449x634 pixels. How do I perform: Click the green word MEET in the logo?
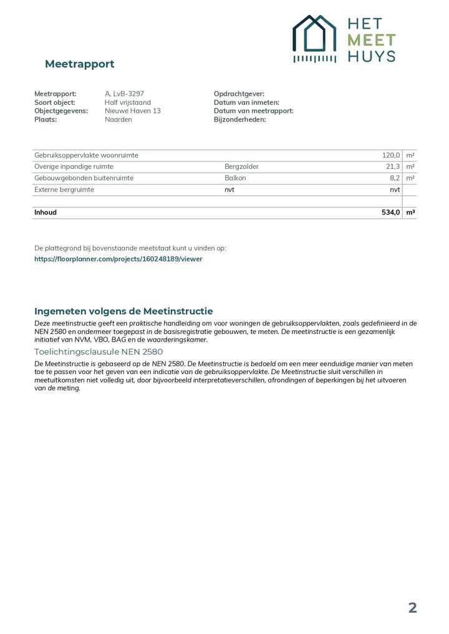(371, 41)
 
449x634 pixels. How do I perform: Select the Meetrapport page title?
(79, 64)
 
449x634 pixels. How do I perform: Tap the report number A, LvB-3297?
(124, 94)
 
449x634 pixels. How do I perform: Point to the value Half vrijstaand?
(128, 102)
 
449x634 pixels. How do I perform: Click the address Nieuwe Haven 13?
(132, 111)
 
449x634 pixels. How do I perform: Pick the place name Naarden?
(118, 119)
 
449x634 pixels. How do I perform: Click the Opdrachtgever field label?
(239, 94)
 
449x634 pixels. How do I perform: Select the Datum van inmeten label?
(246, 102)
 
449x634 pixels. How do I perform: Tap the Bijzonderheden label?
(239, 119)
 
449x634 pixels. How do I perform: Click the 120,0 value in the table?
(391, 155)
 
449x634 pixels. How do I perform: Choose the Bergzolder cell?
(241, 166)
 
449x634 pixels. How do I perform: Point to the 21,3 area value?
(393, 166)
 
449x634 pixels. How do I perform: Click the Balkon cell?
(235, 178)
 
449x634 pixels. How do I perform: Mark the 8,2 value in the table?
(394, 178)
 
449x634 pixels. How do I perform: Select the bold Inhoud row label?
(46, 213)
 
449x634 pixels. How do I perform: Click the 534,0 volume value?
(390, 213)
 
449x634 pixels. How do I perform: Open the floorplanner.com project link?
(118, 259)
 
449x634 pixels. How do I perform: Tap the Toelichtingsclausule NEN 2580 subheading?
(99, 352)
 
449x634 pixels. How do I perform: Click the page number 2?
(412, 608)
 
